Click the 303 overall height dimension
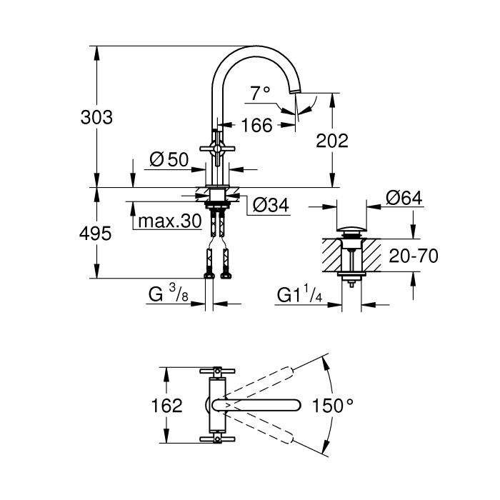click(x=96, y=118)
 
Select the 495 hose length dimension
click(x=96, y=234)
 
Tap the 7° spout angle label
click(x=261, y=92)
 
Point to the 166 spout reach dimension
click(x=256, y=126)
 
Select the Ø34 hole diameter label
click(x=270, y=205)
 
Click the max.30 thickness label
click(x=170, y=221)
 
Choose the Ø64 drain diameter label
click(x=404, y=198)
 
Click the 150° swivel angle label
click(x=333, y=406)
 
